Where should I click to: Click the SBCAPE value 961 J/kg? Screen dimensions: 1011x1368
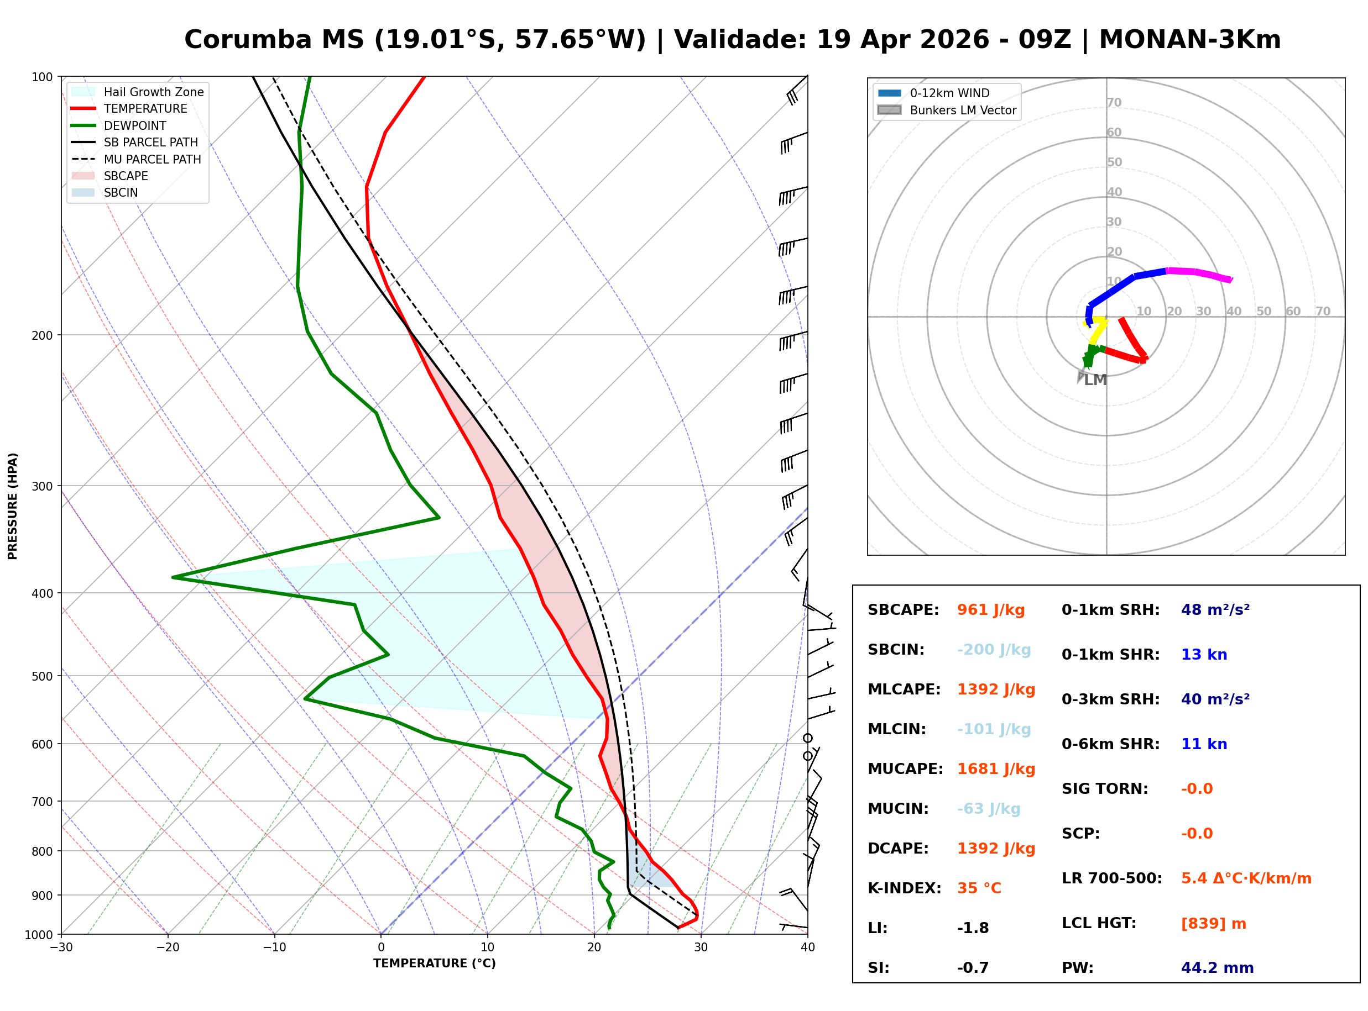(x=990, y=610)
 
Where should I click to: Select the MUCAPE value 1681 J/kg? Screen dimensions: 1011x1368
(x=996, y=769)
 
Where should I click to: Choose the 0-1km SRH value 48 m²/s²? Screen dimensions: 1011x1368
(x=1215, y=610)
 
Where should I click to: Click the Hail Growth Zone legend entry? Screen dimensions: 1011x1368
(x=153, y=92)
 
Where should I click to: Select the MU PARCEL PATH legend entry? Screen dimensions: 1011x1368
(x=152, y=160)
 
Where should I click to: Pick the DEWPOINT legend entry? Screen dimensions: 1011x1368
(x=135, y=126)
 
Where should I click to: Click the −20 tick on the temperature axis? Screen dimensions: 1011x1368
(x=167, y=948)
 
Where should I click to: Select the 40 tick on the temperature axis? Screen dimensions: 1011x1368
(x=807, y=948)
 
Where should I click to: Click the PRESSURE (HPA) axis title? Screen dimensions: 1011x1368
(x=13, y=506)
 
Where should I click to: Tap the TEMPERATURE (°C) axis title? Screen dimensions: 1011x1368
(x=434, y=964)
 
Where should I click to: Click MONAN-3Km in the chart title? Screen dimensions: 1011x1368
(x=1189, y=40)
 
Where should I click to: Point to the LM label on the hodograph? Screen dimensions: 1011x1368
(x=1095, y=381)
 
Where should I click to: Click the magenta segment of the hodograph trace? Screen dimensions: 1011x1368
(x=1198, y=273)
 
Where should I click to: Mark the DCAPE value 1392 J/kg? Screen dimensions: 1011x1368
(x=996, y=849)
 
